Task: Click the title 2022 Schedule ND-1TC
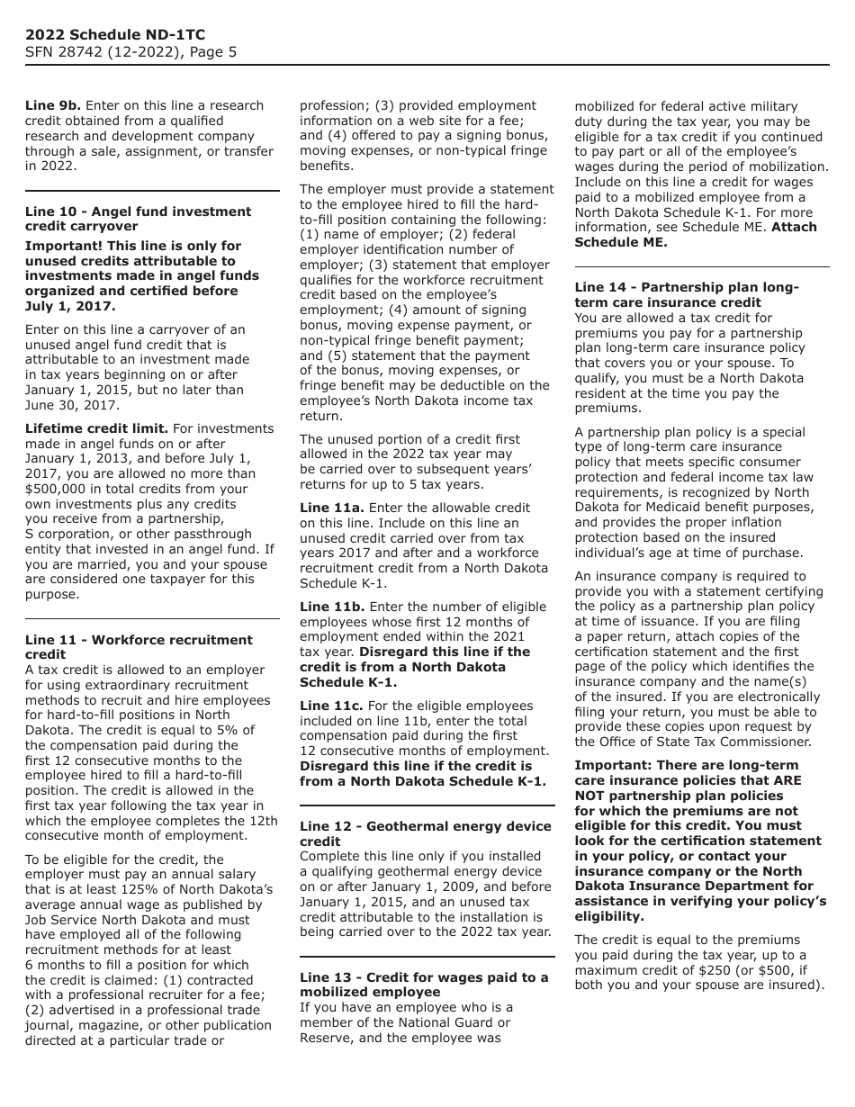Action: (115, 35)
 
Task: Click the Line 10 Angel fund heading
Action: (138, 219)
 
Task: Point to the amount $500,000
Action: (58, 489)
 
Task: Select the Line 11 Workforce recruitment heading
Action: (139, 647)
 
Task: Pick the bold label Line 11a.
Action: (332, 508)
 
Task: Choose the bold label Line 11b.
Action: (332, 607)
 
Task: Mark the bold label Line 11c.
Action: (331, 706)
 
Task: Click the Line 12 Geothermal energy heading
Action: (425, 833)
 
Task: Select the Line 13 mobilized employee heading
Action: (423, 985)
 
